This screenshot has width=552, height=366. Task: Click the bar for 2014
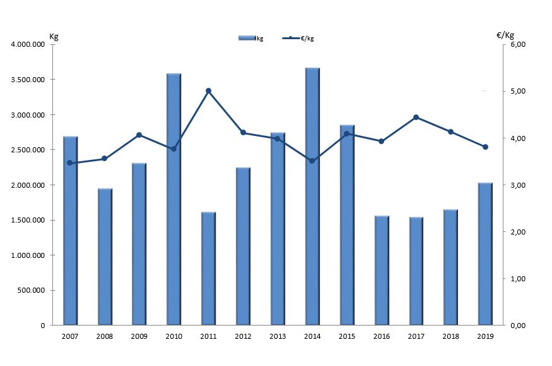(x=312, y=197)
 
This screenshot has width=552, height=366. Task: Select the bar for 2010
(x=174, y=199)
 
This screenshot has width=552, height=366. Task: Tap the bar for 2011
(x=209, y=269)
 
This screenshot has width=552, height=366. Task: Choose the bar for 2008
(x=105, y=257)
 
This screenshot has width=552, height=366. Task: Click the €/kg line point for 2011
(x=209, y=91)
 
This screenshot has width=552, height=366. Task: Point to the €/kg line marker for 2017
(x=416, y=118)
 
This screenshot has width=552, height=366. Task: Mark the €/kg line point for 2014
(x=312, y=161)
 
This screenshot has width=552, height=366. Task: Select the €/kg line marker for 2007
(x=70, y=163)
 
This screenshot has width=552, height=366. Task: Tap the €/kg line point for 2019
(x=485, y=147)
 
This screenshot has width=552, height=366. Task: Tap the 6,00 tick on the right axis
(x=518, y=45)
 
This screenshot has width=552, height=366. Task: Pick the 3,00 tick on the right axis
(x=518, y=185)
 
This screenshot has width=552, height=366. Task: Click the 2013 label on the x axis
(x=278, y=337)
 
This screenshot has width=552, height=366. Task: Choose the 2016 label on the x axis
(x=381, y=337)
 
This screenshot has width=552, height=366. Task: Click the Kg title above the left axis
(x=54, y=35)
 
